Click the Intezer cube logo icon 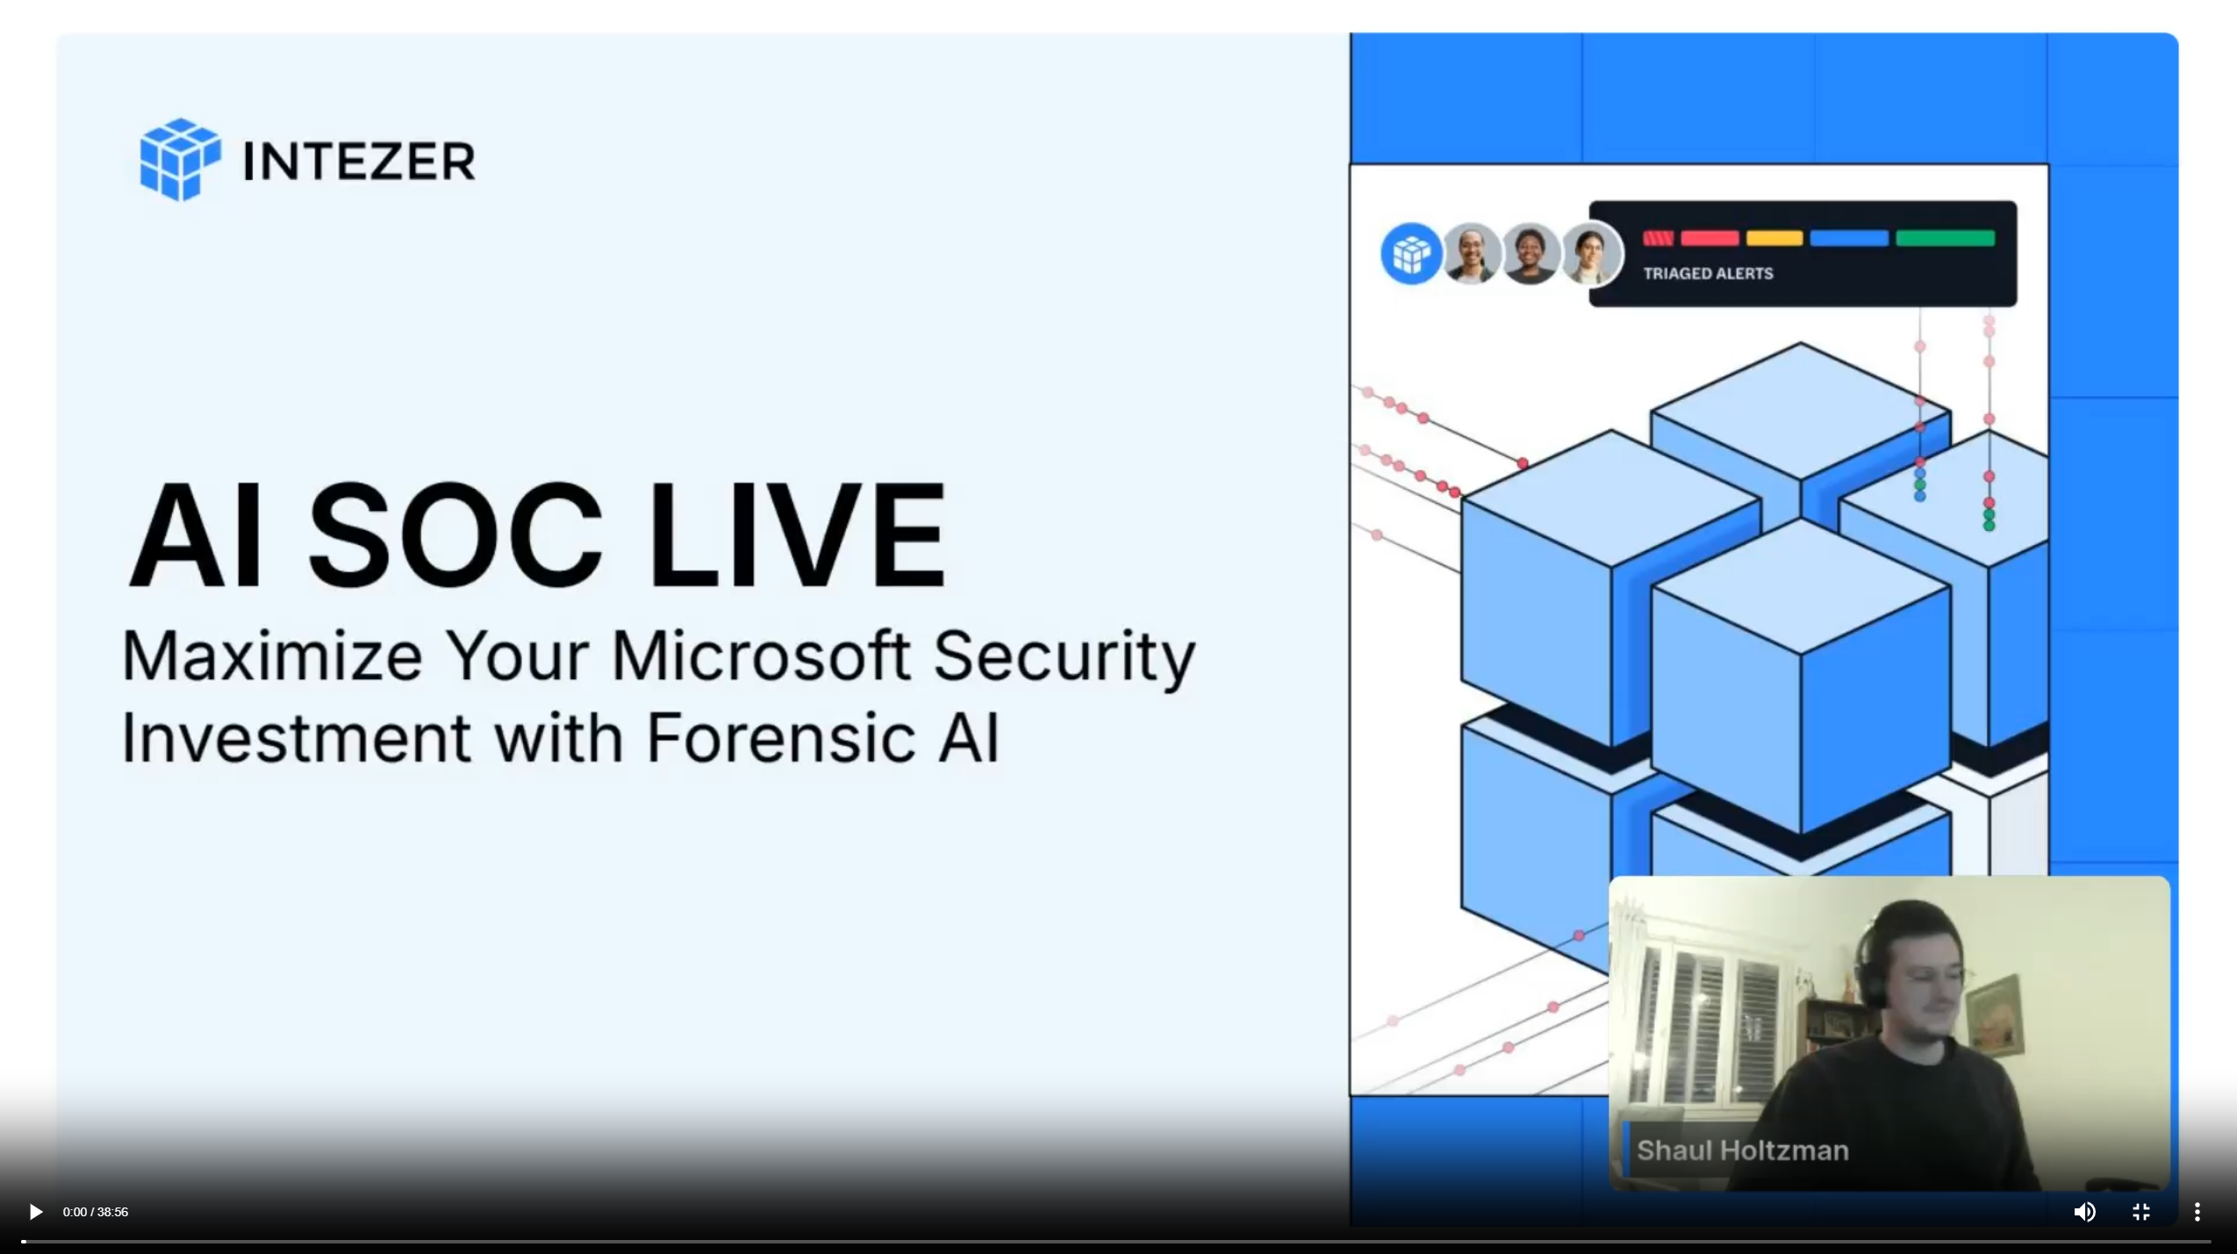180,160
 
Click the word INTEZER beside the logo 359,161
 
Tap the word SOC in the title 455,534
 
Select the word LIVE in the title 797,534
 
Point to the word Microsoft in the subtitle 761,656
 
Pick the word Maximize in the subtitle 272,656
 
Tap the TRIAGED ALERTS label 1708,274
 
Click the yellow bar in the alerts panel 1774,238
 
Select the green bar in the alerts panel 1945,238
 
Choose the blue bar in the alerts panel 1848,238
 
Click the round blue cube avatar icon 1410,254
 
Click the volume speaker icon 2084,1212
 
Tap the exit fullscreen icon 2141,1212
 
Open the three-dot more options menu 2198,1212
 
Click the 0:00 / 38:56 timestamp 96,1212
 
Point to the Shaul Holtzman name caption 1742,1150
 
